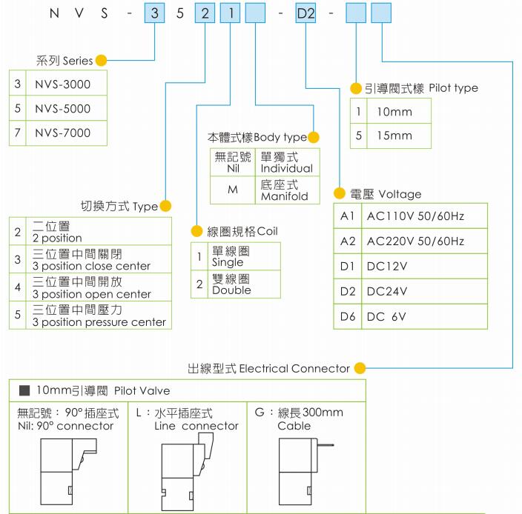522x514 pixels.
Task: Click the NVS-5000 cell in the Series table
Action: pyautogui.click(x=62, y=109)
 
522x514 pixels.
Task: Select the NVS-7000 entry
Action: pyautogui.click(x=62, y=133)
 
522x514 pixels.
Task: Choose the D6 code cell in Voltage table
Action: pyautogui.click(x=348, y=316)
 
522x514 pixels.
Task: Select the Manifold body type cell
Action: pyautogui.click(x=286, y=191)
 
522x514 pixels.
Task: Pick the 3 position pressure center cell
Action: pyautogui.click(x=99, y=317)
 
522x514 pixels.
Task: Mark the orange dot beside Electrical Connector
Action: pyautogui.click(x=360, y=368)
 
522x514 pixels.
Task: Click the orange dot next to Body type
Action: pyautogui.click(x=313, y=137)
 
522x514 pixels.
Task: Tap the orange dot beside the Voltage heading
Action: pyautogui.click(x=340, y=194)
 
